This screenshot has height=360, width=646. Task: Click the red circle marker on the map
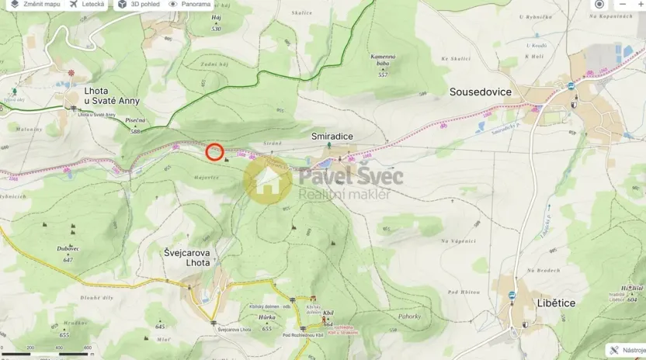[x=215, y=152]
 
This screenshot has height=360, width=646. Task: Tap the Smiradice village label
[x=332, y=136]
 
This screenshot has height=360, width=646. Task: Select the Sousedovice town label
[x=481, y=92]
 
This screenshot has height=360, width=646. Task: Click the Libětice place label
[x=556, y=303]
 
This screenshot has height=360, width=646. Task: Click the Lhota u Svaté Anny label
[x=112, y=95]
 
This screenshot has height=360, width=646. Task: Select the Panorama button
[x=190, y=5]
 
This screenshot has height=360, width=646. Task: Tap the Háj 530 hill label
[x=216, y=22]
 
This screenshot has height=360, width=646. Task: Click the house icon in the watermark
[x=268, y=180]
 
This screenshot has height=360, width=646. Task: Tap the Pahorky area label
[x=409, y=316]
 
